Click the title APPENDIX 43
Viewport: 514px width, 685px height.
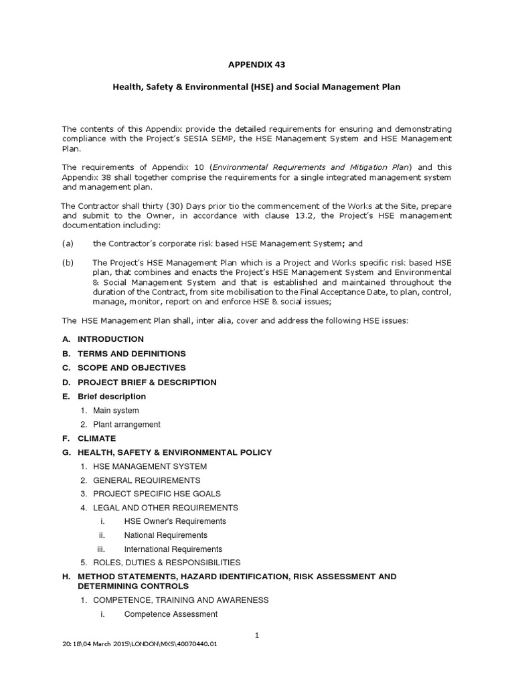[257, 64]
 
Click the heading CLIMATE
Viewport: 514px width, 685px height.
[97, 438]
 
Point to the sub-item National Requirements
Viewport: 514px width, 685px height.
[165, 535]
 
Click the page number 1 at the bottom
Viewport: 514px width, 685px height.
[257, 635]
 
